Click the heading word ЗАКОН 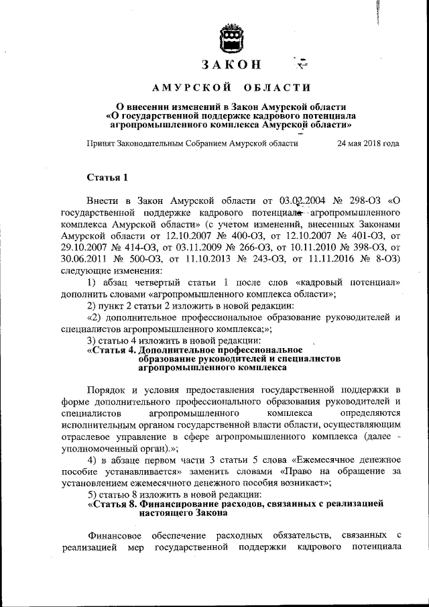pos(230,65)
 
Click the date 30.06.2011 pos(83,260)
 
